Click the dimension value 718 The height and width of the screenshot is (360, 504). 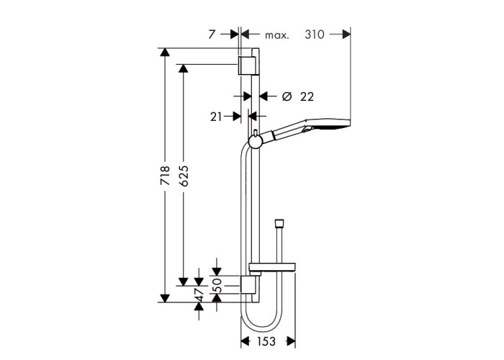tap(165, 175)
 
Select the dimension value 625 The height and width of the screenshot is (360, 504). tap(184, 176)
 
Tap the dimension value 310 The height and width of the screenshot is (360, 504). tap(315, 35)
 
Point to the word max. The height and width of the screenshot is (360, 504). tap(277, 35)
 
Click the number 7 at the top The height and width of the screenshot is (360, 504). tap(211, 35)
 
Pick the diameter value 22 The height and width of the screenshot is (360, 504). tap(307, 96)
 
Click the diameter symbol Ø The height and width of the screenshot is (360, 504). tap(287, 96)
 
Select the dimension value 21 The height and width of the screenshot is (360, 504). tap(216, 117)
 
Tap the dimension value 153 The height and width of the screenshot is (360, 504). tap(266, 341)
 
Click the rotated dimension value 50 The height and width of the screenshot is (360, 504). tap(217, 285)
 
